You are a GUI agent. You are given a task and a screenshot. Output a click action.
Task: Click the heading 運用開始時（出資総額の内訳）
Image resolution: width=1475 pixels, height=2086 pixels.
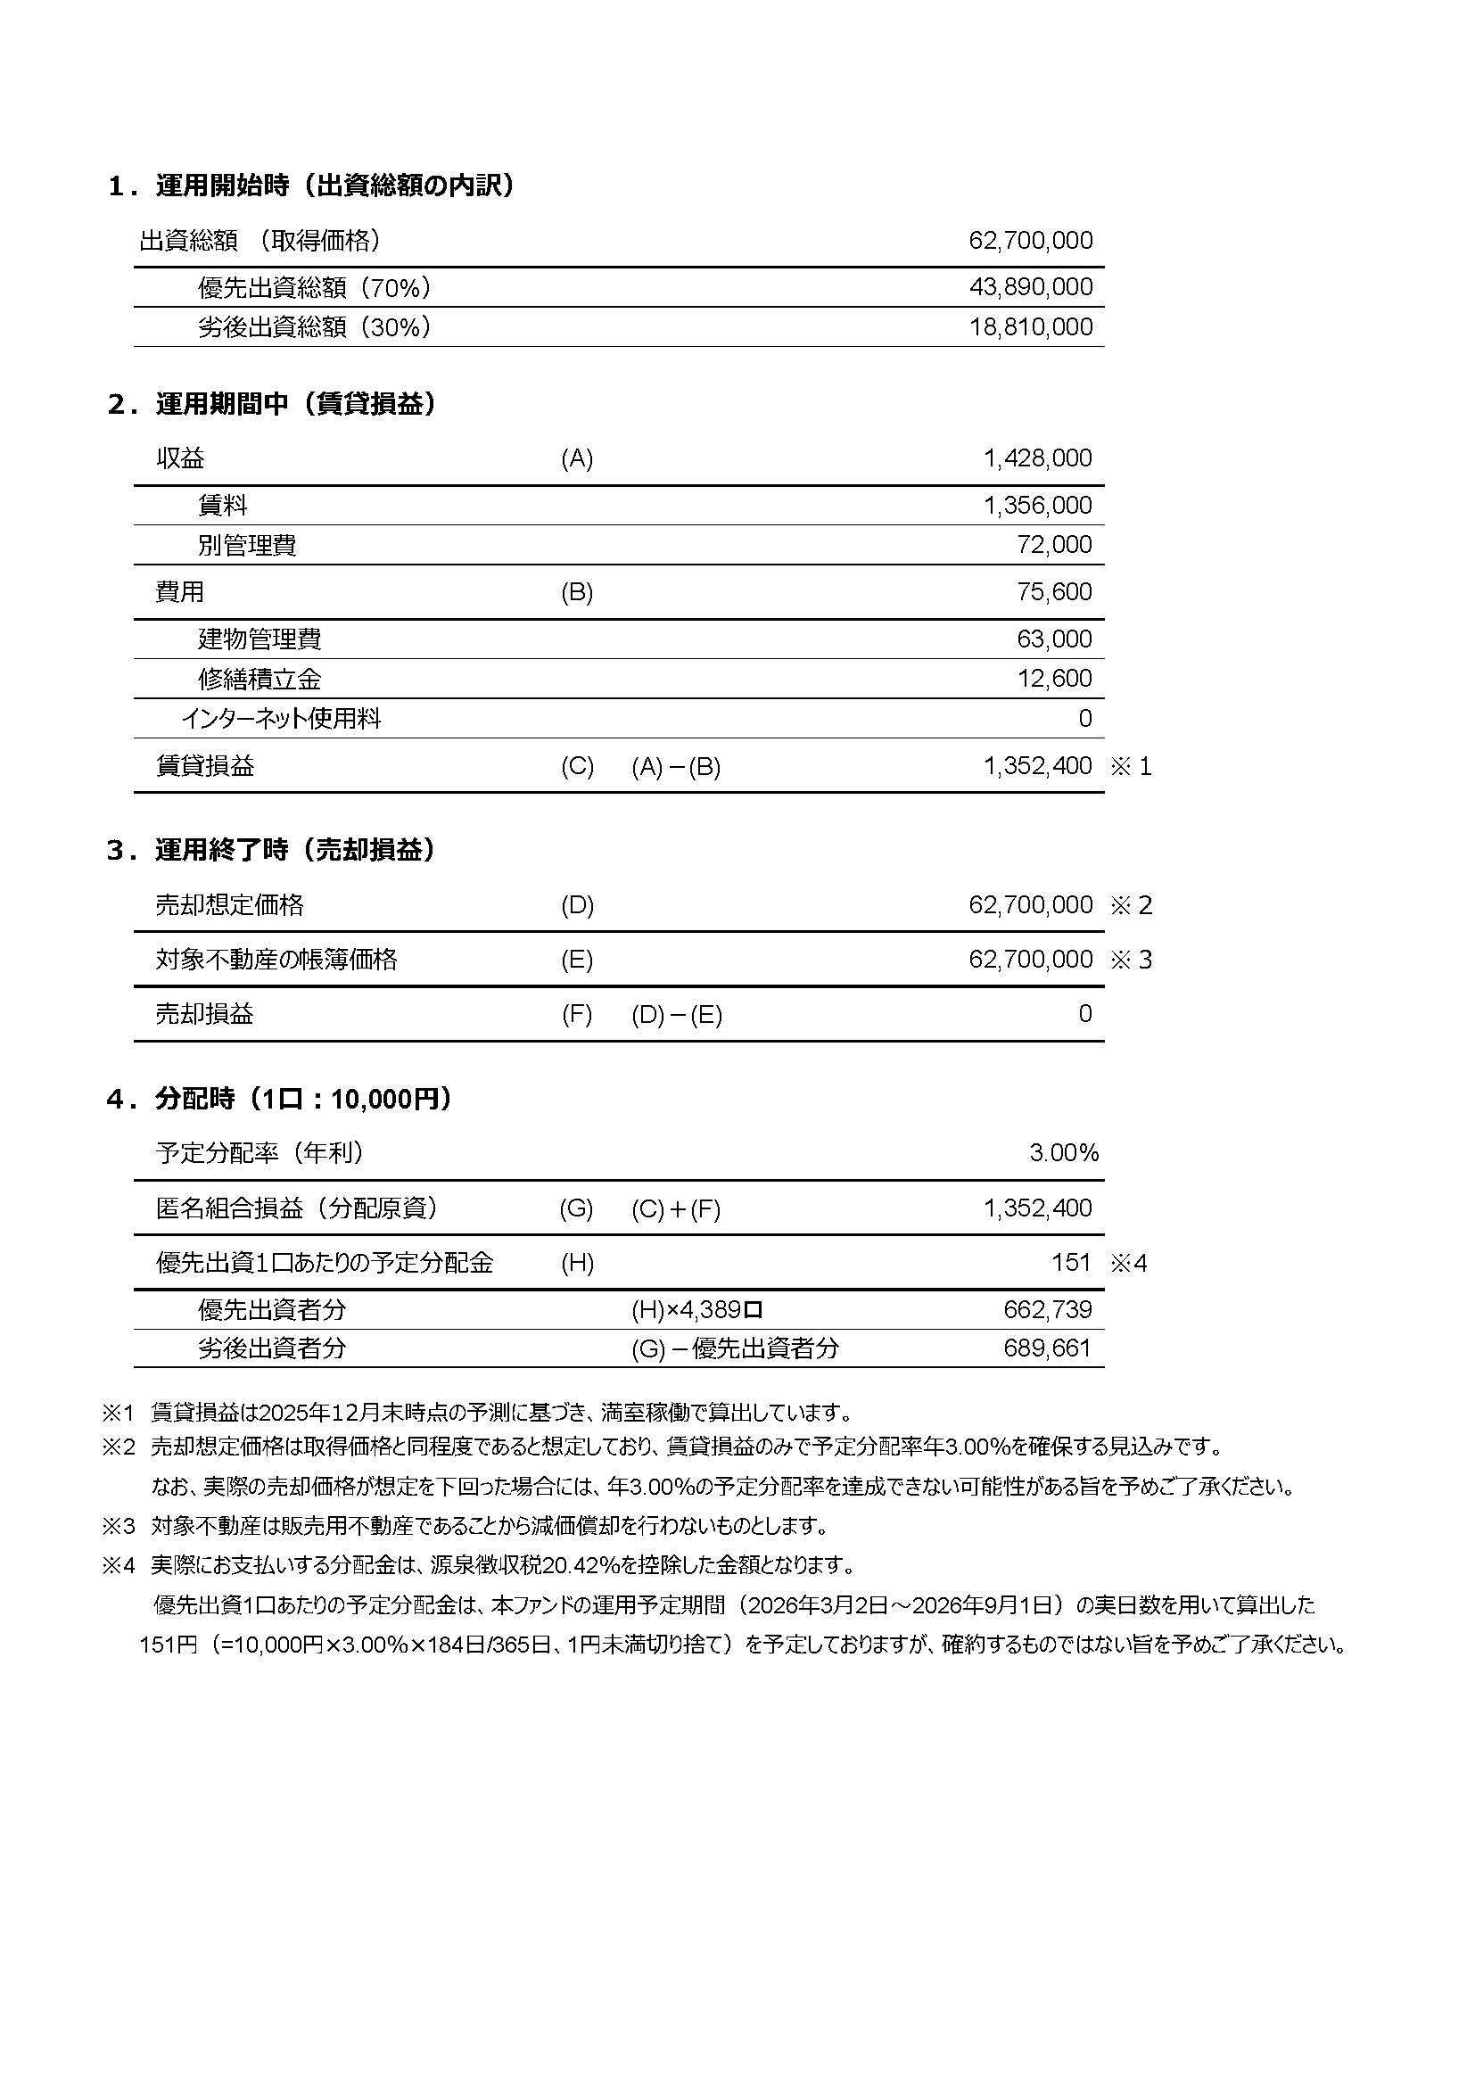[334, 186]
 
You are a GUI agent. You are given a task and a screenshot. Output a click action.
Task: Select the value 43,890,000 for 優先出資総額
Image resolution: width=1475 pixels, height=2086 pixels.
[1030, 287]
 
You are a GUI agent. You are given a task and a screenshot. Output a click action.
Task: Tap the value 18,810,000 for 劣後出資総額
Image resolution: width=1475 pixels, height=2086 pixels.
[1030, 327]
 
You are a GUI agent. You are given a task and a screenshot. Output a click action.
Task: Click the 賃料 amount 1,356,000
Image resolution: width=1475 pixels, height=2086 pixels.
[1037, 505]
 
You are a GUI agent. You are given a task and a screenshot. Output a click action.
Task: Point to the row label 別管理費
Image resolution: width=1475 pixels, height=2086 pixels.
[247, 545]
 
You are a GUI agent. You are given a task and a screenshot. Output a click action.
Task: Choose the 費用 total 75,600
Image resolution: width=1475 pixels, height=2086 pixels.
[1053, 592]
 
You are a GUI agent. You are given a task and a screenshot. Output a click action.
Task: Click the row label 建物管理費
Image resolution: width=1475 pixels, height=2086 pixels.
[260, 639]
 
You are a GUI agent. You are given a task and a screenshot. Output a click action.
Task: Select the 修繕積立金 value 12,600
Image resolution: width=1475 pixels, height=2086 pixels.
[1053, 679]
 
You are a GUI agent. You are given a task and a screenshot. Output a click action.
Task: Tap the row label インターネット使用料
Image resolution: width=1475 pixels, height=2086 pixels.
[281, 720]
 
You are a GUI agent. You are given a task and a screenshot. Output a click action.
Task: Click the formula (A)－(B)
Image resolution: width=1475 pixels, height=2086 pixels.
[676, 768]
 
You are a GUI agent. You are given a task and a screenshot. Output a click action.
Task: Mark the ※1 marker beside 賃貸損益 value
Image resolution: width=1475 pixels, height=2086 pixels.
[1131, 767]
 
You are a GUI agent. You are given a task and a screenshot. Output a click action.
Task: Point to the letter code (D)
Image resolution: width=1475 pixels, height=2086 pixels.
[577, 906]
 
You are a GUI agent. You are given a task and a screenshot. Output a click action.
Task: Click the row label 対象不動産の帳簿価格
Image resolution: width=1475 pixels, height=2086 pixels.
[276, 961]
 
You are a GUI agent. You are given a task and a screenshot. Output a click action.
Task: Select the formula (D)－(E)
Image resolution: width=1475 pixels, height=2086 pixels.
[677, 1015]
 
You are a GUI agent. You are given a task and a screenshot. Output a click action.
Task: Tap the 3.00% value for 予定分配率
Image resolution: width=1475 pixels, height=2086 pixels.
[1064, 1154]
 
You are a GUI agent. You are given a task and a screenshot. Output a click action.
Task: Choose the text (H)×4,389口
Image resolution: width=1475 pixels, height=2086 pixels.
[696, 1310]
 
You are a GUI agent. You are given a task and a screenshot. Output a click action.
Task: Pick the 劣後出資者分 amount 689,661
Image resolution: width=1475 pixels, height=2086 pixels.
[1046, 1348]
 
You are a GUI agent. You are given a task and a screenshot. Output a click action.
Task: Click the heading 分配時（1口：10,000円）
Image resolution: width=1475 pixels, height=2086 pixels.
[303, 1100]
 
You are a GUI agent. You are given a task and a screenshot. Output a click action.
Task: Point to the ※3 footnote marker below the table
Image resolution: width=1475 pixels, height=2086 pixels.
[118, 1525]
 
